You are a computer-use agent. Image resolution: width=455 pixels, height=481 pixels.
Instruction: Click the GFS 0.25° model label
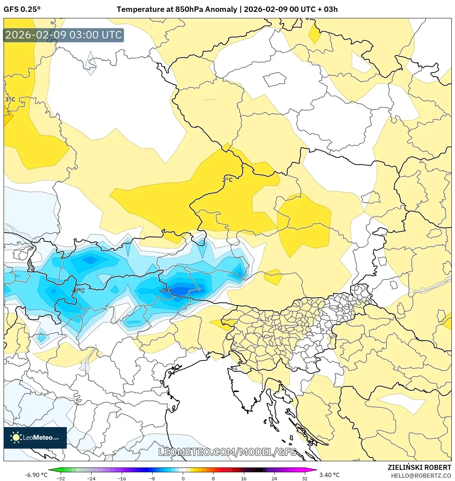[x=22, y=9]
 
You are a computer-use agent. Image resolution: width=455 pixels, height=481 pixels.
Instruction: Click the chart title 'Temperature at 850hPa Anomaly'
[x=177, y=9]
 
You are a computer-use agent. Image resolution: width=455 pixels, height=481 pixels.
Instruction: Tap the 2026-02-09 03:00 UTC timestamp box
[x=64, y=35]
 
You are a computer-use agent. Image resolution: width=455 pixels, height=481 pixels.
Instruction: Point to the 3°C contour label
[x=10, y=99]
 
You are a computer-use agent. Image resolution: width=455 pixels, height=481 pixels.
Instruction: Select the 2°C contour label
[x=227, y=180]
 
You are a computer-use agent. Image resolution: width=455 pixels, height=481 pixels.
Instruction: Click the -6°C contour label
[x=165, y=290]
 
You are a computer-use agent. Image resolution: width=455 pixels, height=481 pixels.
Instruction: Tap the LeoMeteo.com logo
[x=35, y=438]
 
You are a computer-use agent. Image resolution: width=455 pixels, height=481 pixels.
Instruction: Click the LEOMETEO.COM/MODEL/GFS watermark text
[x=227, y=452]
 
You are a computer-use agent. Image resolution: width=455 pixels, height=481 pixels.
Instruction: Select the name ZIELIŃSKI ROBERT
[x=419, y=467]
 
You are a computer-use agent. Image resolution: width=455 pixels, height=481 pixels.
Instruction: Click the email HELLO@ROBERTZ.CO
[x=421, y=476]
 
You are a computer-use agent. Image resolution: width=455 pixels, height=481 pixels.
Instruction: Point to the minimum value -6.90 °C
[x=36, y=475]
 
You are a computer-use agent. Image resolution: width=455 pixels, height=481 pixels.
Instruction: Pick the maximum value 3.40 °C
[x=329, y=475]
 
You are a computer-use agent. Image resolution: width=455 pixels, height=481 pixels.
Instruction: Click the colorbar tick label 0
[x=183, y=478]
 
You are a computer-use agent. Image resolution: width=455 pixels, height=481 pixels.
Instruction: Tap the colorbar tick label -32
[x=61, y=478]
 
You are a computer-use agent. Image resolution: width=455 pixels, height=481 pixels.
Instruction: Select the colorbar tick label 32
[x=305, y=478]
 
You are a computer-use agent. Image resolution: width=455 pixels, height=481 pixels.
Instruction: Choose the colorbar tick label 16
[x=243, y=478]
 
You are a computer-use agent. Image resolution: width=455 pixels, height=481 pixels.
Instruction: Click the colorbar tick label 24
[x=274, y=478]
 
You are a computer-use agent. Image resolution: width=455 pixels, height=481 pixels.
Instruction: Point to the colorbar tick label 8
[x=213, y=478]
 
